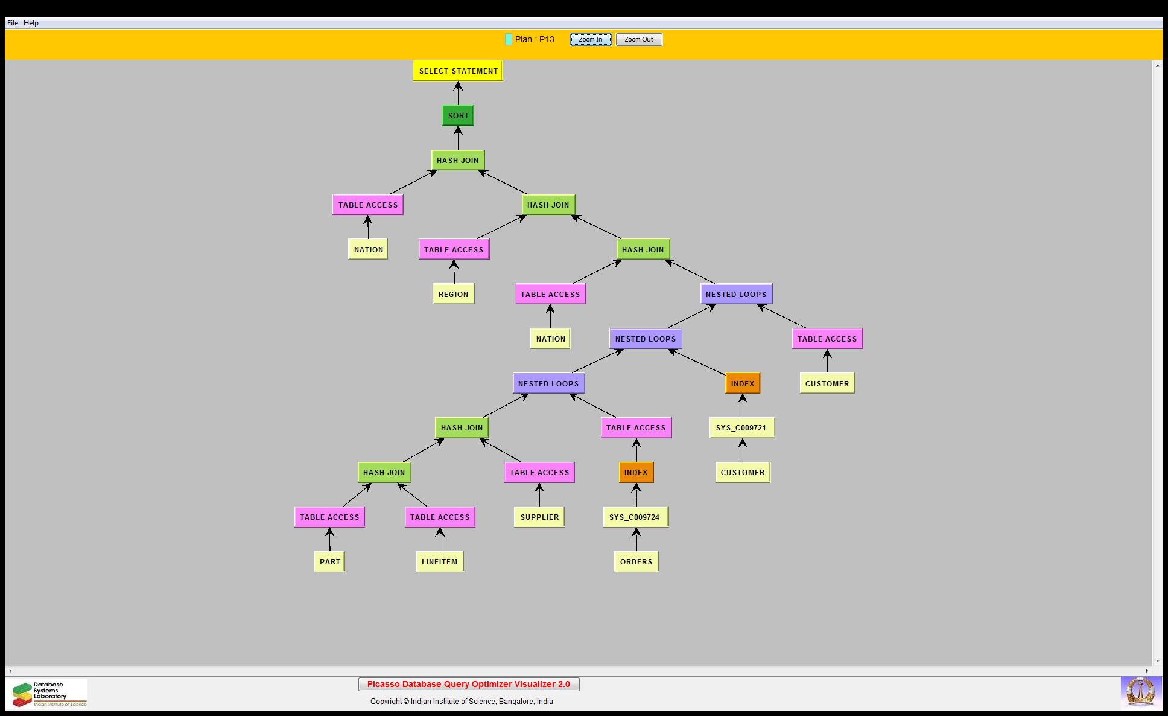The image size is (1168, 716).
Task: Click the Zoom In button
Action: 590,40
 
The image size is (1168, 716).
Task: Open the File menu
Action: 12,23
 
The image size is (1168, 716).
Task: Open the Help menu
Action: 31,23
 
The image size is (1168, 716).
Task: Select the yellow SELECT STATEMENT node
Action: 458,71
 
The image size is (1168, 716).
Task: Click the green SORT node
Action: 458,116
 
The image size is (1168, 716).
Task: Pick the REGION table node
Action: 453,295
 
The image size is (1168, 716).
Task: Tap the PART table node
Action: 329,562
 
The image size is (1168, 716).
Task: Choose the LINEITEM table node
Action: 439,562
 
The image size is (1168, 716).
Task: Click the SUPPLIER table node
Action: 539,517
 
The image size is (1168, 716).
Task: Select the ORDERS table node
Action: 636,562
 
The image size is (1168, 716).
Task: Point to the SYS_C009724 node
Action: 635,517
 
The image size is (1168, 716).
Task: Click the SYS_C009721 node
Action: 741,428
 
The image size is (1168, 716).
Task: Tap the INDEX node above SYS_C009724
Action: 636,473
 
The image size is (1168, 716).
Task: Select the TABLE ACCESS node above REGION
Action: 454,250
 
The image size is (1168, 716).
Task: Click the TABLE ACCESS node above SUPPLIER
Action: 539,473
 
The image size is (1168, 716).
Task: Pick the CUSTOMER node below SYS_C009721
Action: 743,473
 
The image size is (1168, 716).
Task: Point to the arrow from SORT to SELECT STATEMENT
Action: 458,94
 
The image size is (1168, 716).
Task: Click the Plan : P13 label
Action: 534,40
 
